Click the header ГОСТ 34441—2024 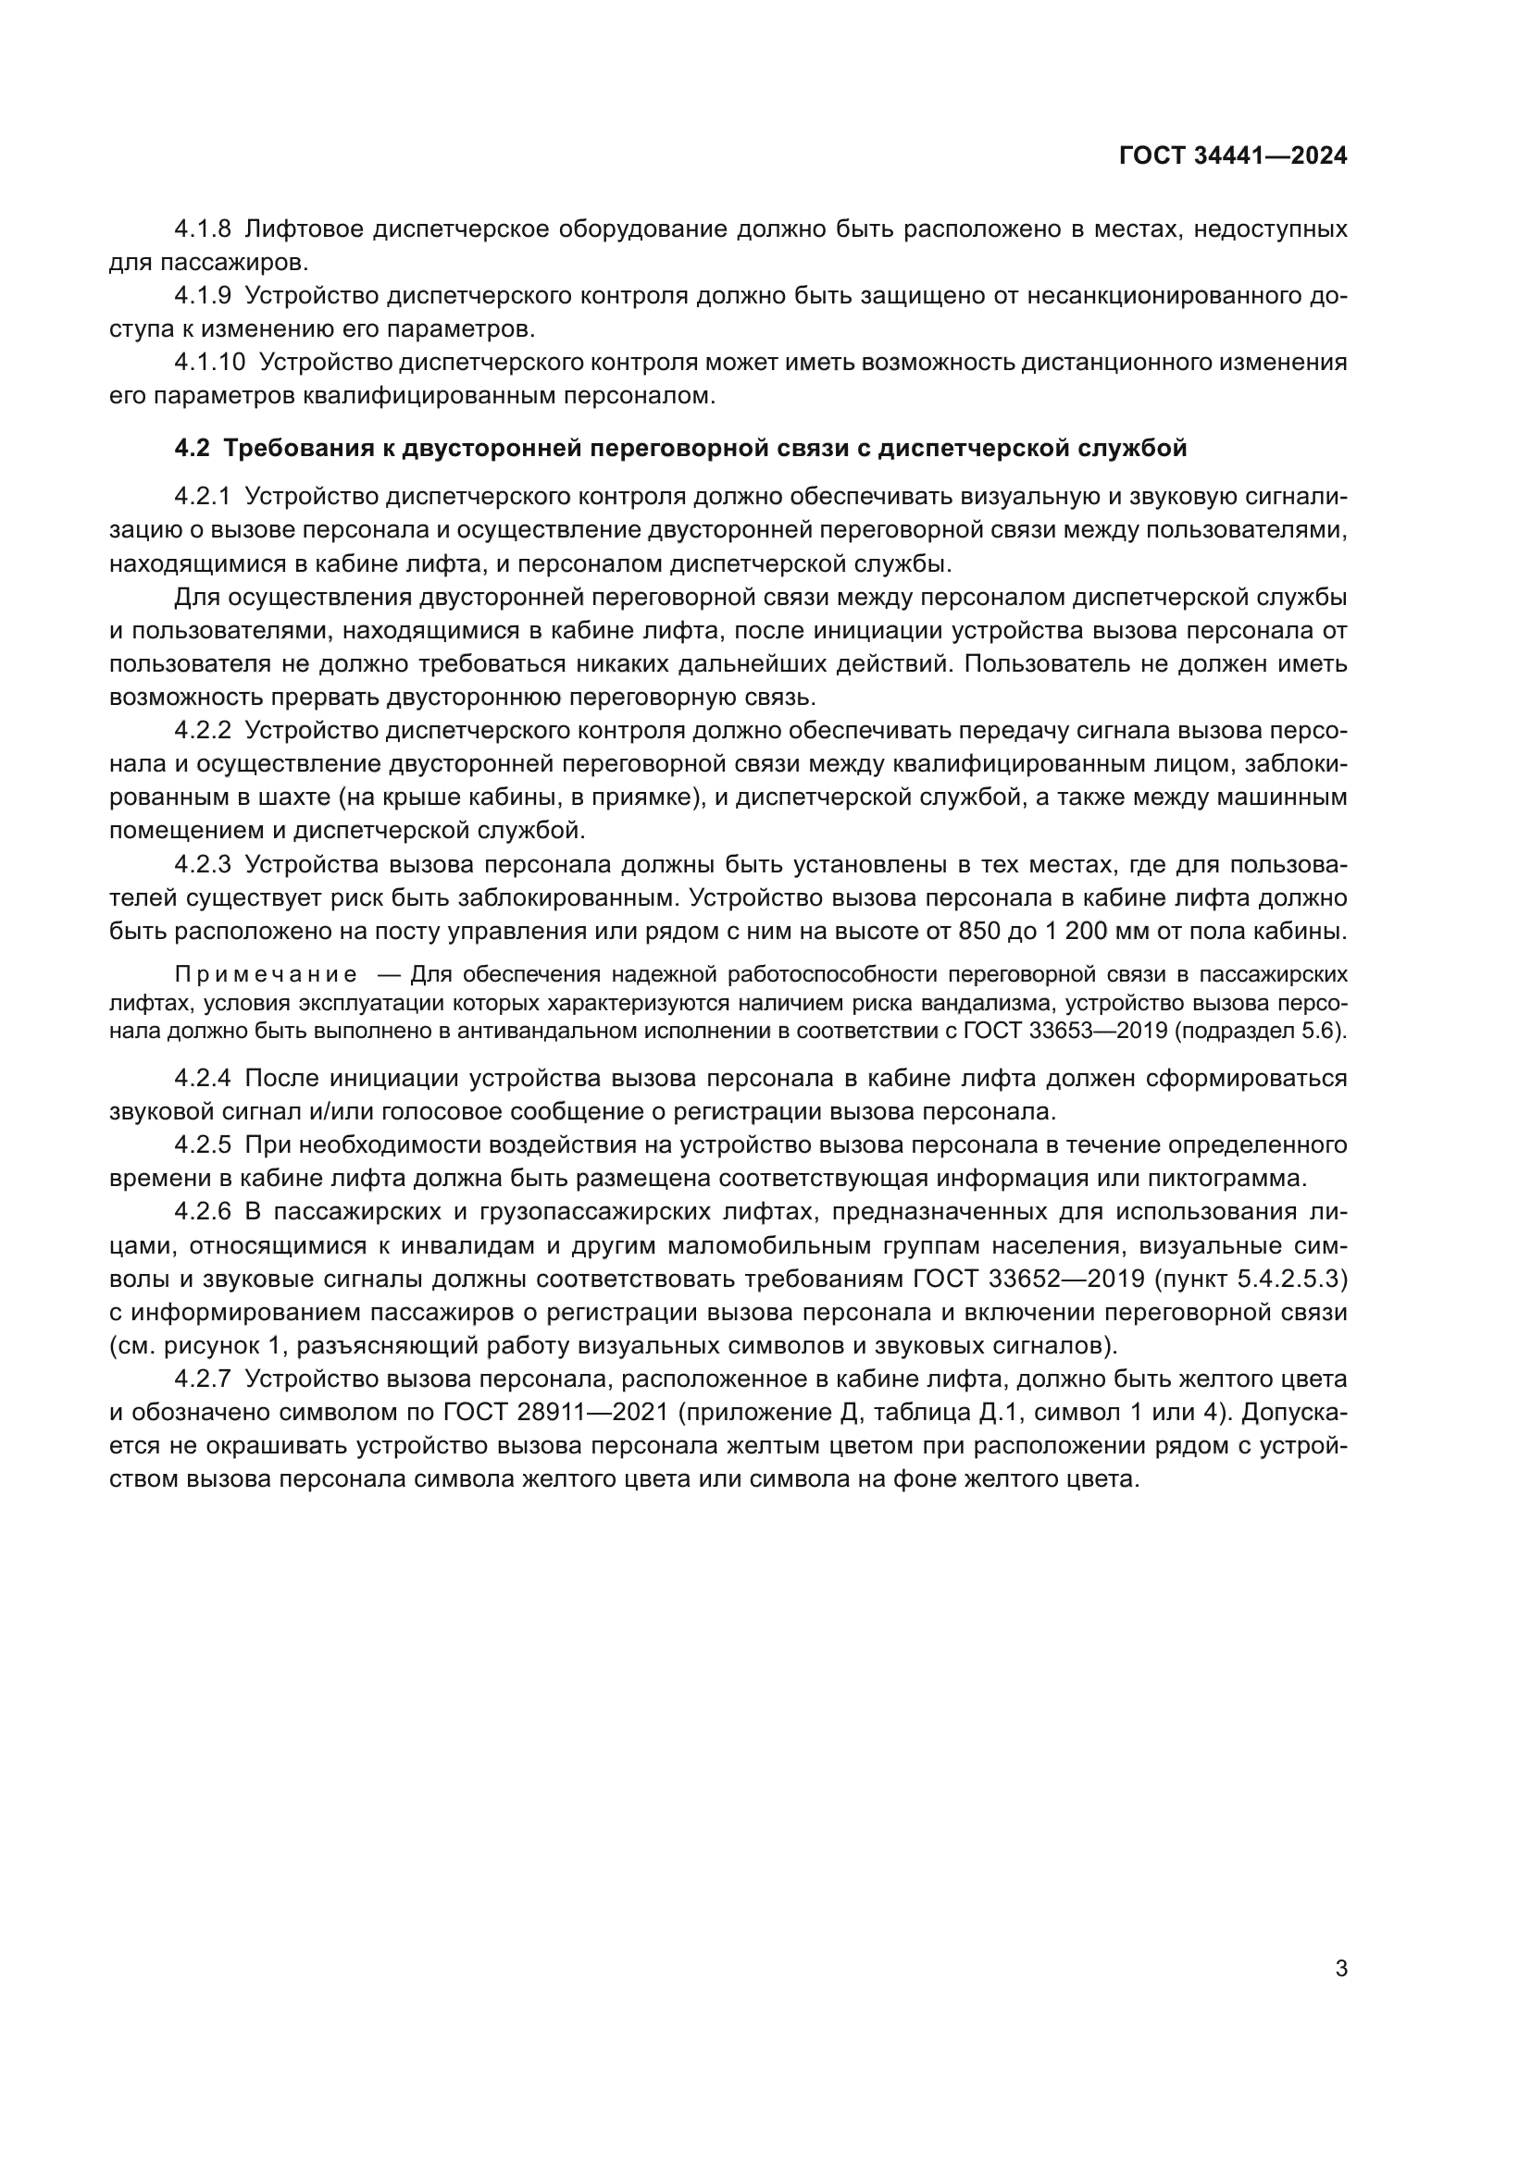point(1233,156)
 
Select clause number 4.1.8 point(203,229)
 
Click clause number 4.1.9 point(203,296)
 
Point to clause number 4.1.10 point(209,363)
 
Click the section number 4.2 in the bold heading point(192,450)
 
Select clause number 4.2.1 point(203,497)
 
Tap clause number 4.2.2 point(203,731)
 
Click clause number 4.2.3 point(203,864)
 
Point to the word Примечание point(266,973)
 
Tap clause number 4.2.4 point(203,1078)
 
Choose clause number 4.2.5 point(203,1145)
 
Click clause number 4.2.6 point(203,1212)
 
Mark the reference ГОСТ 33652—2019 point(1031,1279)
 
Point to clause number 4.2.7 point(203,1379)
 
